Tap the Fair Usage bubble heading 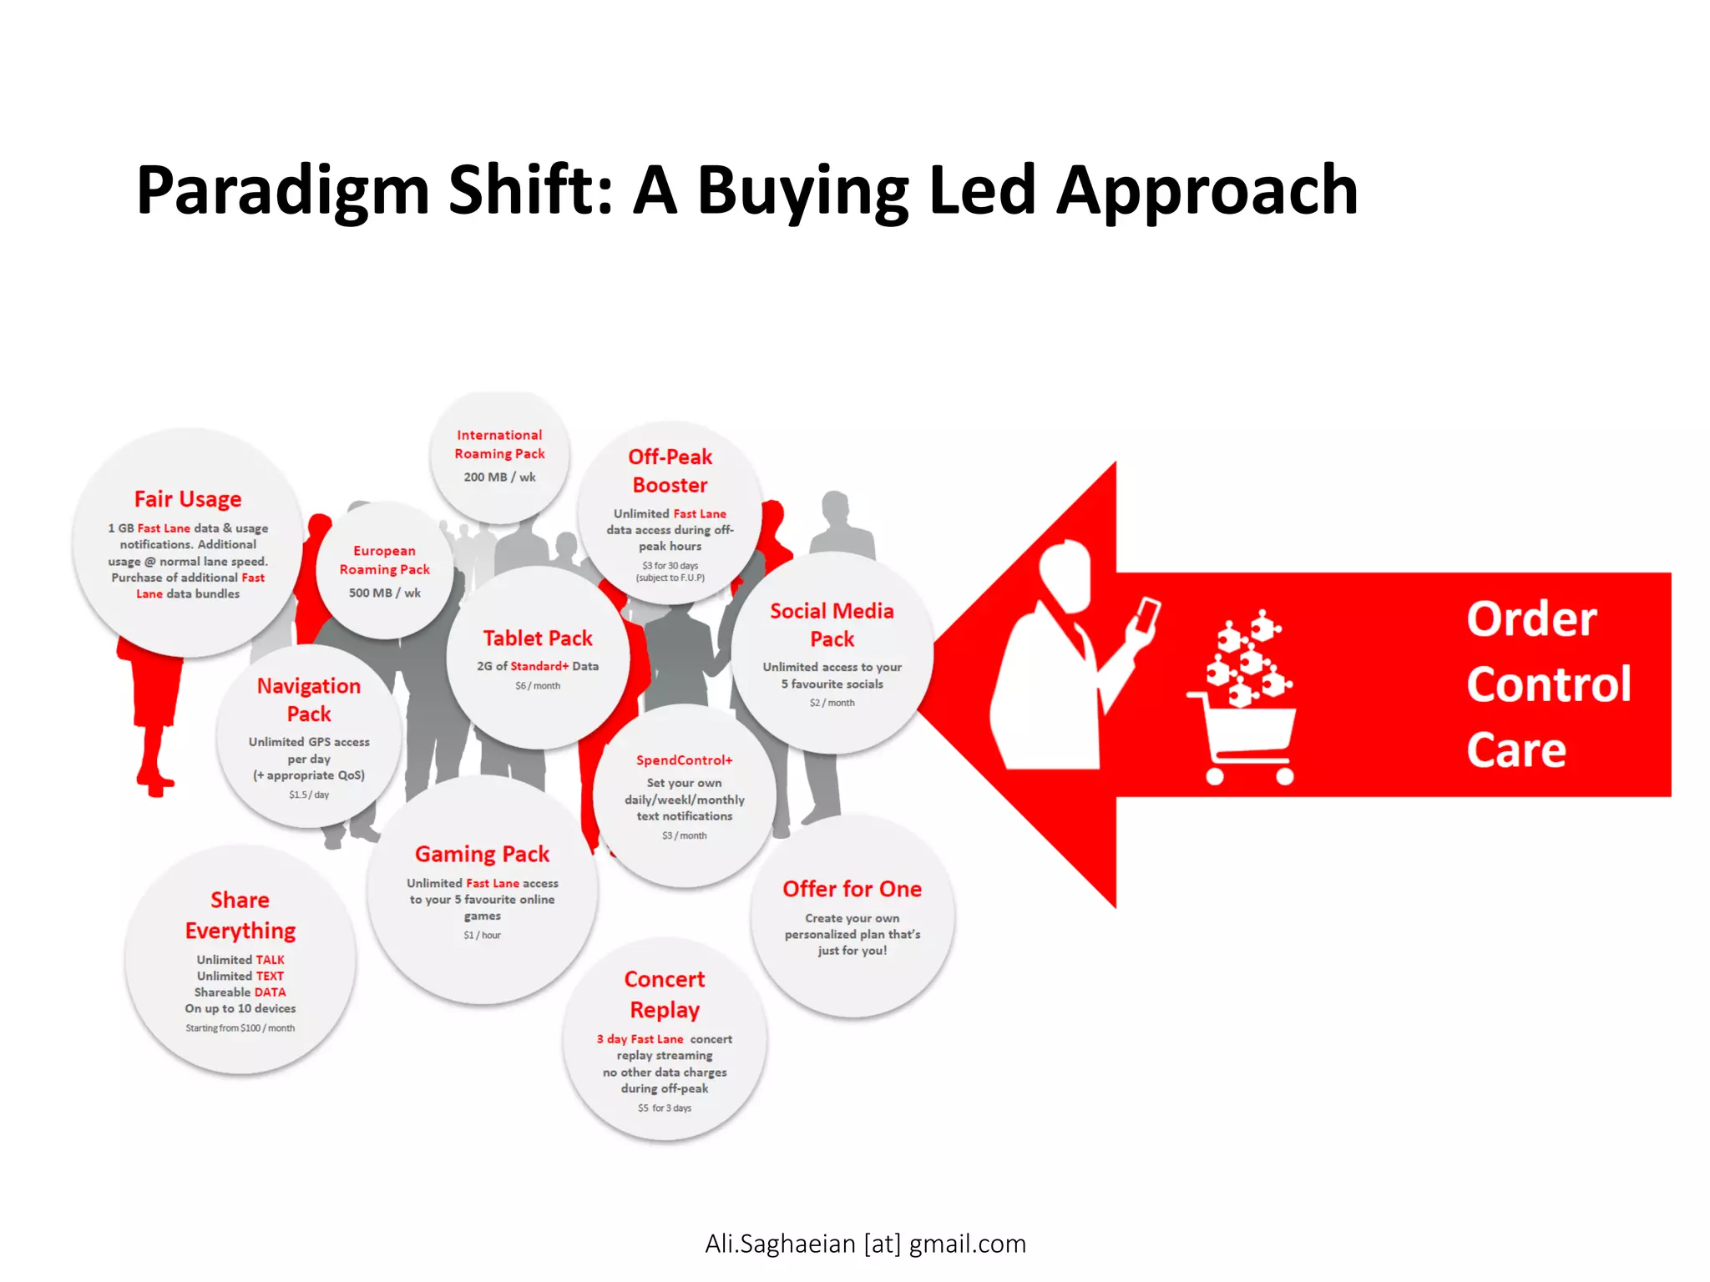click(x=188, y=499)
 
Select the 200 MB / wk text click(x=499, y=477)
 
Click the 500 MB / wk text click(x=384, y=593)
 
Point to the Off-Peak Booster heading click(x=670, y=471)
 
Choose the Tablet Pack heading click(x=537, y=638)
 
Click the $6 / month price click(x=537, y=686)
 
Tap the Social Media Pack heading click(x=832, y=625)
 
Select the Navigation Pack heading click(x=309, y=699)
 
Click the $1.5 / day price click(x=309, y=795)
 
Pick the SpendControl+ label click(x=684, y=760)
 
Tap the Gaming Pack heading click(x=482, y=855)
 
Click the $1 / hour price click(x=482, y=936)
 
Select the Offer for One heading click(x=852, y=890)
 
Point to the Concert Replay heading click(x=665, y=994)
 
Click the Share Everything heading click(x=240, y=915)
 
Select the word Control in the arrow click(x=1548, y=684)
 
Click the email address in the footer click(x=865, y=1244)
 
